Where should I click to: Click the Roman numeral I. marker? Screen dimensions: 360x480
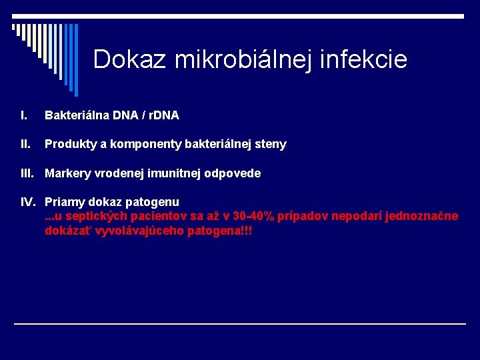[24, 116]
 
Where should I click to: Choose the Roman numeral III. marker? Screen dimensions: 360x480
[27, 174]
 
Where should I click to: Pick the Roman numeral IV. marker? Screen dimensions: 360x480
[28, 202]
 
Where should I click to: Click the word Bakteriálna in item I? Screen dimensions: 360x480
[73, 116]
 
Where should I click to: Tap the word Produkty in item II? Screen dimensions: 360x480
[67, 145]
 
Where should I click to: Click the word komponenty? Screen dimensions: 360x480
[134, 145]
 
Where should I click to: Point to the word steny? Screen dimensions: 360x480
[270, 145]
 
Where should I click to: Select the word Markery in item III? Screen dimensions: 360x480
[65, 174]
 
